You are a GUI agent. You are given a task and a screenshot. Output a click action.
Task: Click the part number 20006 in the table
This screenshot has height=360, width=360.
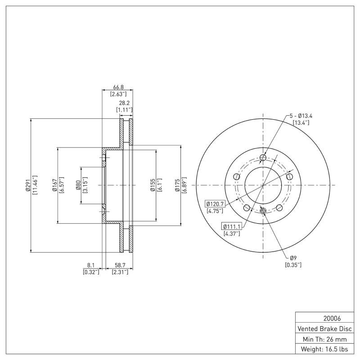click(324, 317)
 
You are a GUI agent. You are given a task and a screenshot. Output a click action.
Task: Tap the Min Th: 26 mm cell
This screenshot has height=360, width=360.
click(324, 338)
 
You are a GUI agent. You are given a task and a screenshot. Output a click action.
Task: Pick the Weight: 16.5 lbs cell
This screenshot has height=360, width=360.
click(324, 349)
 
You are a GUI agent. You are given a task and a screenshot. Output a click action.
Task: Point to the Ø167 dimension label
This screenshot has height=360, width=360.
click(54, 185)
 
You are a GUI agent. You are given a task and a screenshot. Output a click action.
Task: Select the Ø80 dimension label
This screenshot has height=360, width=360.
click(78, 185)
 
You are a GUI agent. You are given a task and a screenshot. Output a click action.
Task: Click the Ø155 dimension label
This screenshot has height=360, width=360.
click(153, 185)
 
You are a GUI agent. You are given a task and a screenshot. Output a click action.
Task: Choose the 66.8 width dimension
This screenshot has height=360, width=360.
click(117, 87)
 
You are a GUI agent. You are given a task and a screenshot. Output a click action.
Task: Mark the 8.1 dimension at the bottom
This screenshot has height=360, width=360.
click(91, 265)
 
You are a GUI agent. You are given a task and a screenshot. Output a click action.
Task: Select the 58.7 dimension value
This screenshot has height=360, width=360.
click(120, 265)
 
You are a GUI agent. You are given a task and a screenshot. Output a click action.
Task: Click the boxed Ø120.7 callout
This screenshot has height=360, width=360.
click(216, 204)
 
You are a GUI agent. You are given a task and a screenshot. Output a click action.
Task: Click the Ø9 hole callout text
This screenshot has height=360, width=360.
click(293, 258)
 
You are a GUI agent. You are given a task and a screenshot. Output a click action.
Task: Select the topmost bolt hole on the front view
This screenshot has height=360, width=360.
click(263, 157)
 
